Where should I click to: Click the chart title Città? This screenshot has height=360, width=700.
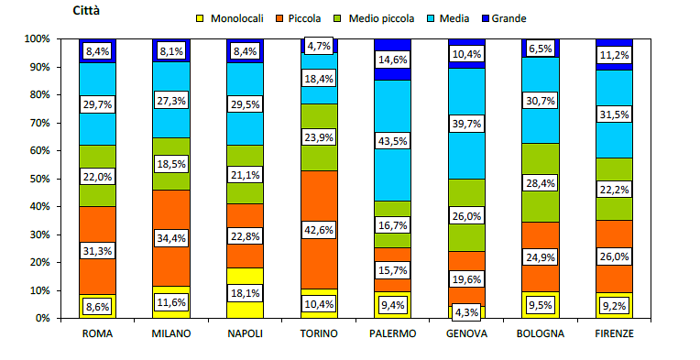coord(88,11)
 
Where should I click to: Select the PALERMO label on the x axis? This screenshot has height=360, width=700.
coord(393,333)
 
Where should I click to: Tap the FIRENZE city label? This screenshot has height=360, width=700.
coord(614,333)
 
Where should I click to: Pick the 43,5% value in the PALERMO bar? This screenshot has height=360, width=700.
coord(393,141)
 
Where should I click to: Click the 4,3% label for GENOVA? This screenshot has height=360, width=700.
coord(466,311)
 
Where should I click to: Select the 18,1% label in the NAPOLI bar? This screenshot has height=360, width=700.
coord(246,292)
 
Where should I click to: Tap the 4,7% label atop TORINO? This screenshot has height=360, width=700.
coord(319,46)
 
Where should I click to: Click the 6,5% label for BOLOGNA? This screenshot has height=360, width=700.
coord(541,49)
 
